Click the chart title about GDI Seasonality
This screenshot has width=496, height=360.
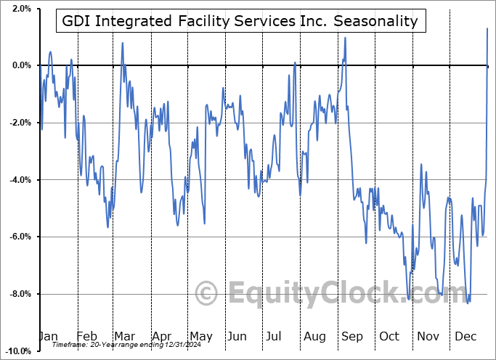[240, 21]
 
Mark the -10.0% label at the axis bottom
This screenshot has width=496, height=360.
[18, 351]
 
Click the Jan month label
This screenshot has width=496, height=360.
[47, 336]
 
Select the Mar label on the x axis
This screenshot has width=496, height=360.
[124, 336]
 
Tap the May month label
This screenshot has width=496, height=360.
[200, 336]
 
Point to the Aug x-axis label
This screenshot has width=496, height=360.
[315, 336]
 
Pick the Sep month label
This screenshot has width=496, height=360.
[353, 336]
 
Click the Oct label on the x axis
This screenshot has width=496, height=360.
[390, 336]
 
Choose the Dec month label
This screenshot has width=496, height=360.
[466, 336]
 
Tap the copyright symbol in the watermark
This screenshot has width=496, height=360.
[207, 294]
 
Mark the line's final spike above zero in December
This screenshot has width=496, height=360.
[487, 28]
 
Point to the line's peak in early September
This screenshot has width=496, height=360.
[345, 38]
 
